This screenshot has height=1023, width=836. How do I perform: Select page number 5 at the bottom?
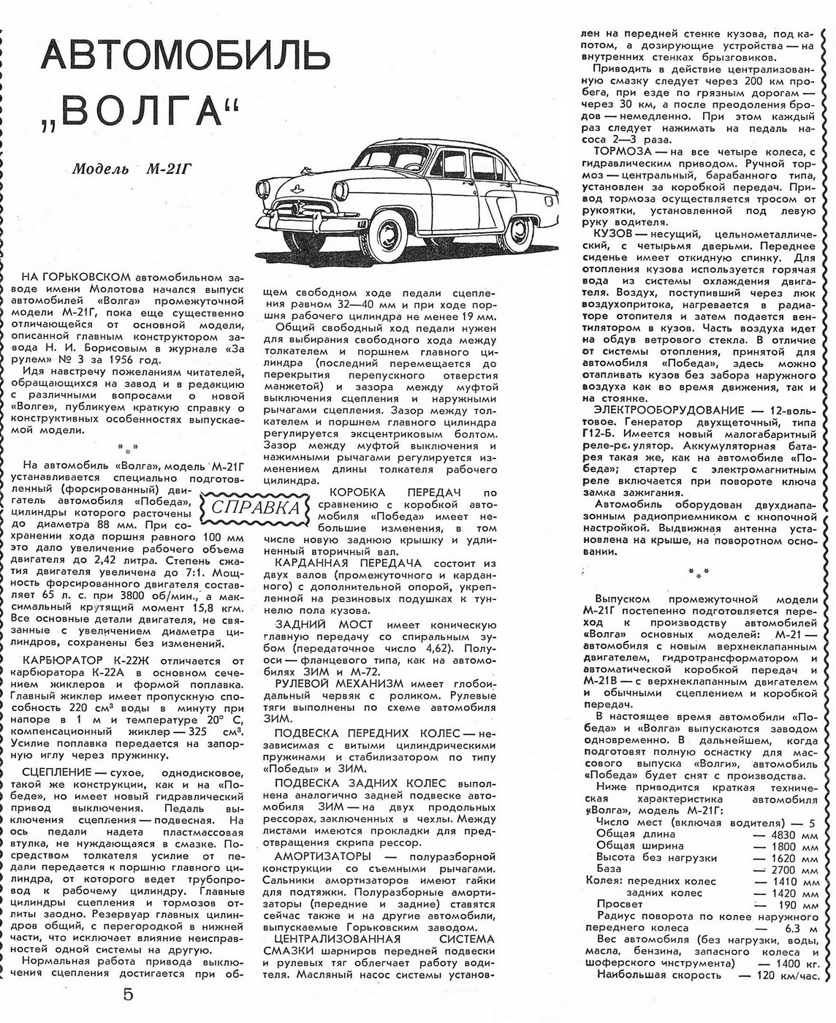click(x=129, y=995)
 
